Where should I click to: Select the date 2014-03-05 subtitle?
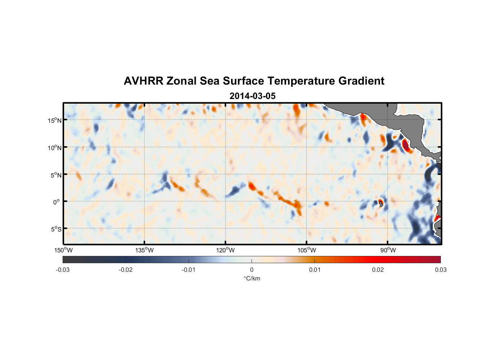point(252,96)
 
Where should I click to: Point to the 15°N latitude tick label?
point(54,120)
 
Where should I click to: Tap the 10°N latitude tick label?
point(54,148)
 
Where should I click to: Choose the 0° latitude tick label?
point(56,202)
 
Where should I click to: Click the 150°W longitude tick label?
point(63,250)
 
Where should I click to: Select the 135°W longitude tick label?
point(144,250)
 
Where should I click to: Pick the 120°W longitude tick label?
point(225,250)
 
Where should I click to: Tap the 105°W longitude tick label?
point(307,250)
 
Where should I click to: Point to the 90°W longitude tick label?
point(388,250)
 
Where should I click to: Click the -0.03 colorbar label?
point(63,270)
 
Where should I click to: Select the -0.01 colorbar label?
point(189,270)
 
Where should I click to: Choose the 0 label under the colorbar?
point(252,270)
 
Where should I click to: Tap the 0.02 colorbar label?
point(378,270)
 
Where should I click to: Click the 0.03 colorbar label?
point(440,270)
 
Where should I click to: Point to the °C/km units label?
point(252,278)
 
